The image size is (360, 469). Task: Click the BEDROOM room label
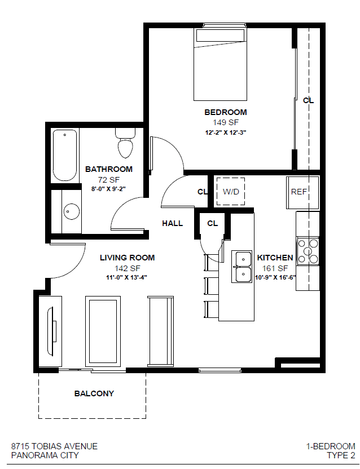[x=225, y=112]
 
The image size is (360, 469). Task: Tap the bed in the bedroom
[x=220, y=65]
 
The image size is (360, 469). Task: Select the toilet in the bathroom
[x=125, y=144]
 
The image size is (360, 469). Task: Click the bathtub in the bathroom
[x=64, y=154]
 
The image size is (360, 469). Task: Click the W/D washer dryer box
[x=231, y=192]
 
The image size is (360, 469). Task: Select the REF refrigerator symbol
[x=300, y=192]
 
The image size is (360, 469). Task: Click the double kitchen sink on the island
[x=243, y=266]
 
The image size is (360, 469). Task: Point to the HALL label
[x=172, y=223]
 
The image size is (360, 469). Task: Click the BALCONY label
[x=94, y=393]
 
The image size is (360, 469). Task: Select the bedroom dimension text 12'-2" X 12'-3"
[x=225, y=133]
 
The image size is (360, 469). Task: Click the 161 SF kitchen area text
[x=275, y=268]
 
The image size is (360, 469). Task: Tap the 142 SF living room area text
[x=127, y=268]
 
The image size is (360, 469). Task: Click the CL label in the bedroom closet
[x=308, y=100]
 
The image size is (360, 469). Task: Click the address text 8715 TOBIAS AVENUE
[x=54, y=446]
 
